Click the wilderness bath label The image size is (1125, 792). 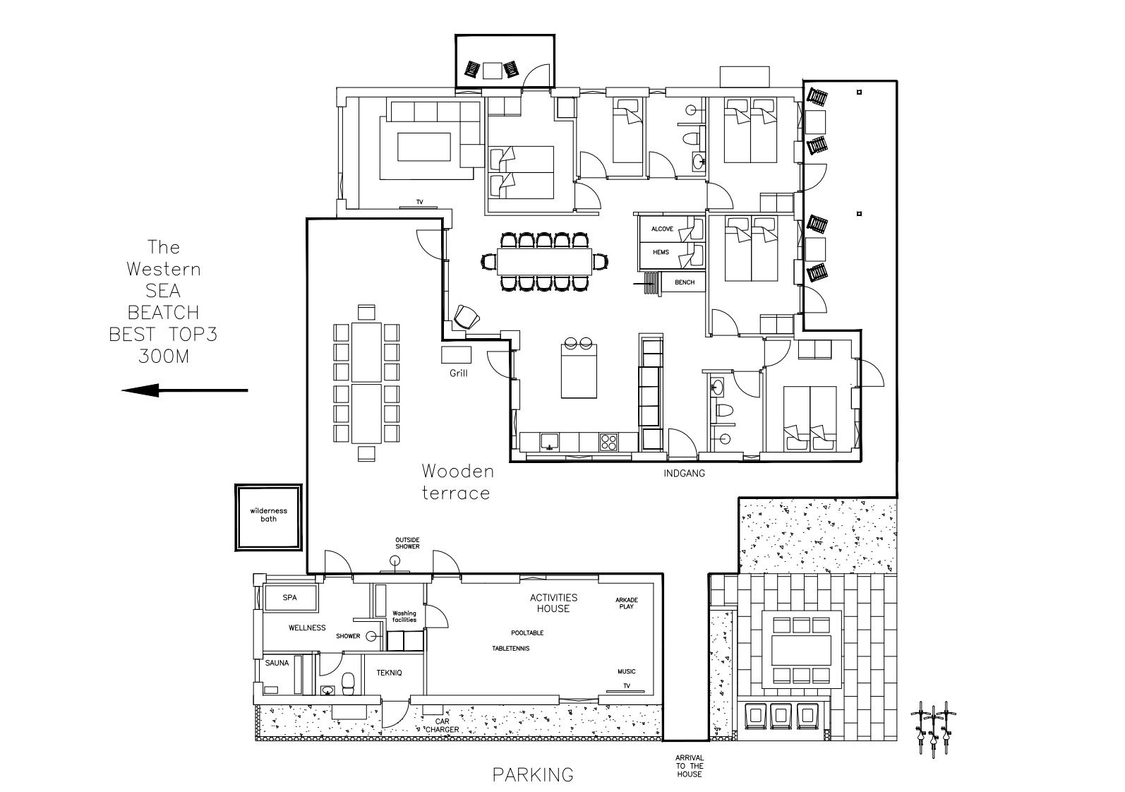269,515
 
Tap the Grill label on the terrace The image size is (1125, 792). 459,373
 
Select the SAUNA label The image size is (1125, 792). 277,663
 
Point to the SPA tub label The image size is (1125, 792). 290,598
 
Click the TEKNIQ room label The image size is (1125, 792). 389,673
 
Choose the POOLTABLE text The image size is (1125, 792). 527,632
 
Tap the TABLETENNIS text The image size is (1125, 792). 511,649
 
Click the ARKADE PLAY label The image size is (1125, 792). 627,603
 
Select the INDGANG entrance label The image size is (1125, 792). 684,473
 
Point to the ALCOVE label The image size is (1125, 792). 662,229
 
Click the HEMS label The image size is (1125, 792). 661,252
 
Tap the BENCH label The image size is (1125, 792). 685,282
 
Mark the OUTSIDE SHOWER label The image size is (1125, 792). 407,544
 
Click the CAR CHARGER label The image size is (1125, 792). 442,726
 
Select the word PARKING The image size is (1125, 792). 533,775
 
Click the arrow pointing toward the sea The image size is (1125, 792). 184,390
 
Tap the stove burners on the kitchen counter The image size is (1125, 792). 608,442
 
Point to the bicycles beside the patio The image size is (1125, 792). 933,730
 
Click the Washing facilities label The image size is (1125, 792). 404,616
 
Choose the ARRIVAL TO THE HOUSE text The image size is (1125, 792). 689,766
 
